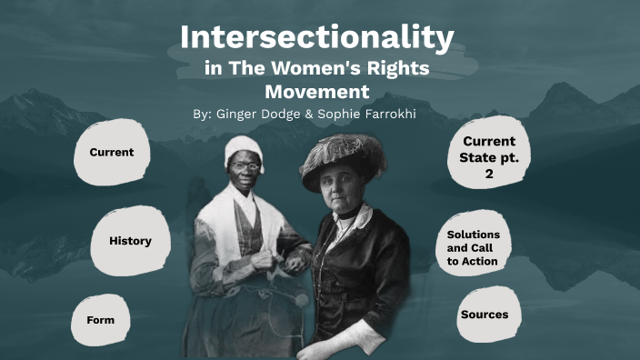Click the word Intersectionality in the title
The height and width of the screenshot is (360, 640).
pos(316,38)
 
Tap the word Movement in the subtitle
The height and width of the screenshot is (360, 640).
pos(316,91)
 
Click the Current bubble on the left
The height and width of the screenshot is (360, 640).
pos(111,153)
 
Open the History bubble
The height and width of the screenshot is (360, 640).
pos(130,241)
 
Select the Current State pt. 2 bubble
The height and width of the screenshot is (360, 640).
pos(488,157)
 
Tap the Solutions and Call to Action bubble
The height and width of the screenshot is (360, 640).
pos(473,248)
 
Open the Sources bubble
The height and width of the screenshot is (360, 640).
pos(484,315)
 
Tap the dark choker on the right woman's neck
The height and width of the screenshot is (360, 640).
pos(348,215)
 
